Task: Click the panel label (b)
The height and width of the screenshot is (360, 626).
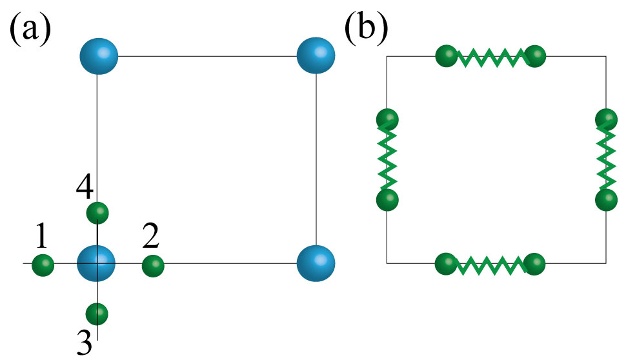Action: [367, 30]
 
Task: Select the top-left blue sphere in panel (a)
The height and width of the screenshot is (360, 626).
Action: [99, 56]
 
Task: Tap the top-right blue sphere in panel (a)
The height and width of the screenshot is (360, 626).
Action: [316, 56]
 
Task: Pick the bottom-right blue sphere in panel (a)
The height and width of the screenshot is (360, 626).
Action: [316, 263]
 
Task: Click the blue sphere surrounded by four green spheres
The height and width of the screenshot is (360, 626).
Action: [96, 263]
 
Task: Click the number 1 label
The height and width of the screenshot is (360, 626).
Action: [41, 238]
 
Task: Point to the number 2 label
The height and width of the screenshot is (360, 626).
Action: [151, 238]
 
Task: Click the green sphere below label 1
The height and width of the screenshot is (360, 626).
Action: [43, 265]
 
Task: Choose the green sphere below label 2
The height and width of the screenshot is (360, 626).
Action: [153, 265]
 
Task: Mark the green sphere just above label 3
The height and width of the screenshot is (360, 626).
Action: [97, 314]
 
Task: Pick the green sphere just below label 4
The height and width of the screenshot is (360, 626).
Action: [97, 212]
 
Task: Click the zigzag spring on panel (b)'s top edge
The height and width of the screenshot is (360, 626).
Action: [490, 58]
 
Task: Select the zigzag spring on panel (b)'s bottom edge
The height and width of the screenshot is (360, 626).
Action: [490, 265]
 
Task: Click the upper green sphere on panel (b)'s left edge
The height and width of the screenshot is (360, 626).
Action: [387, 120]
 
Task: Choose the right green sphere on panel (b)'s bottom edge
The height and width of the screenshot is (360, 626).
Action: [535, 264]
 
